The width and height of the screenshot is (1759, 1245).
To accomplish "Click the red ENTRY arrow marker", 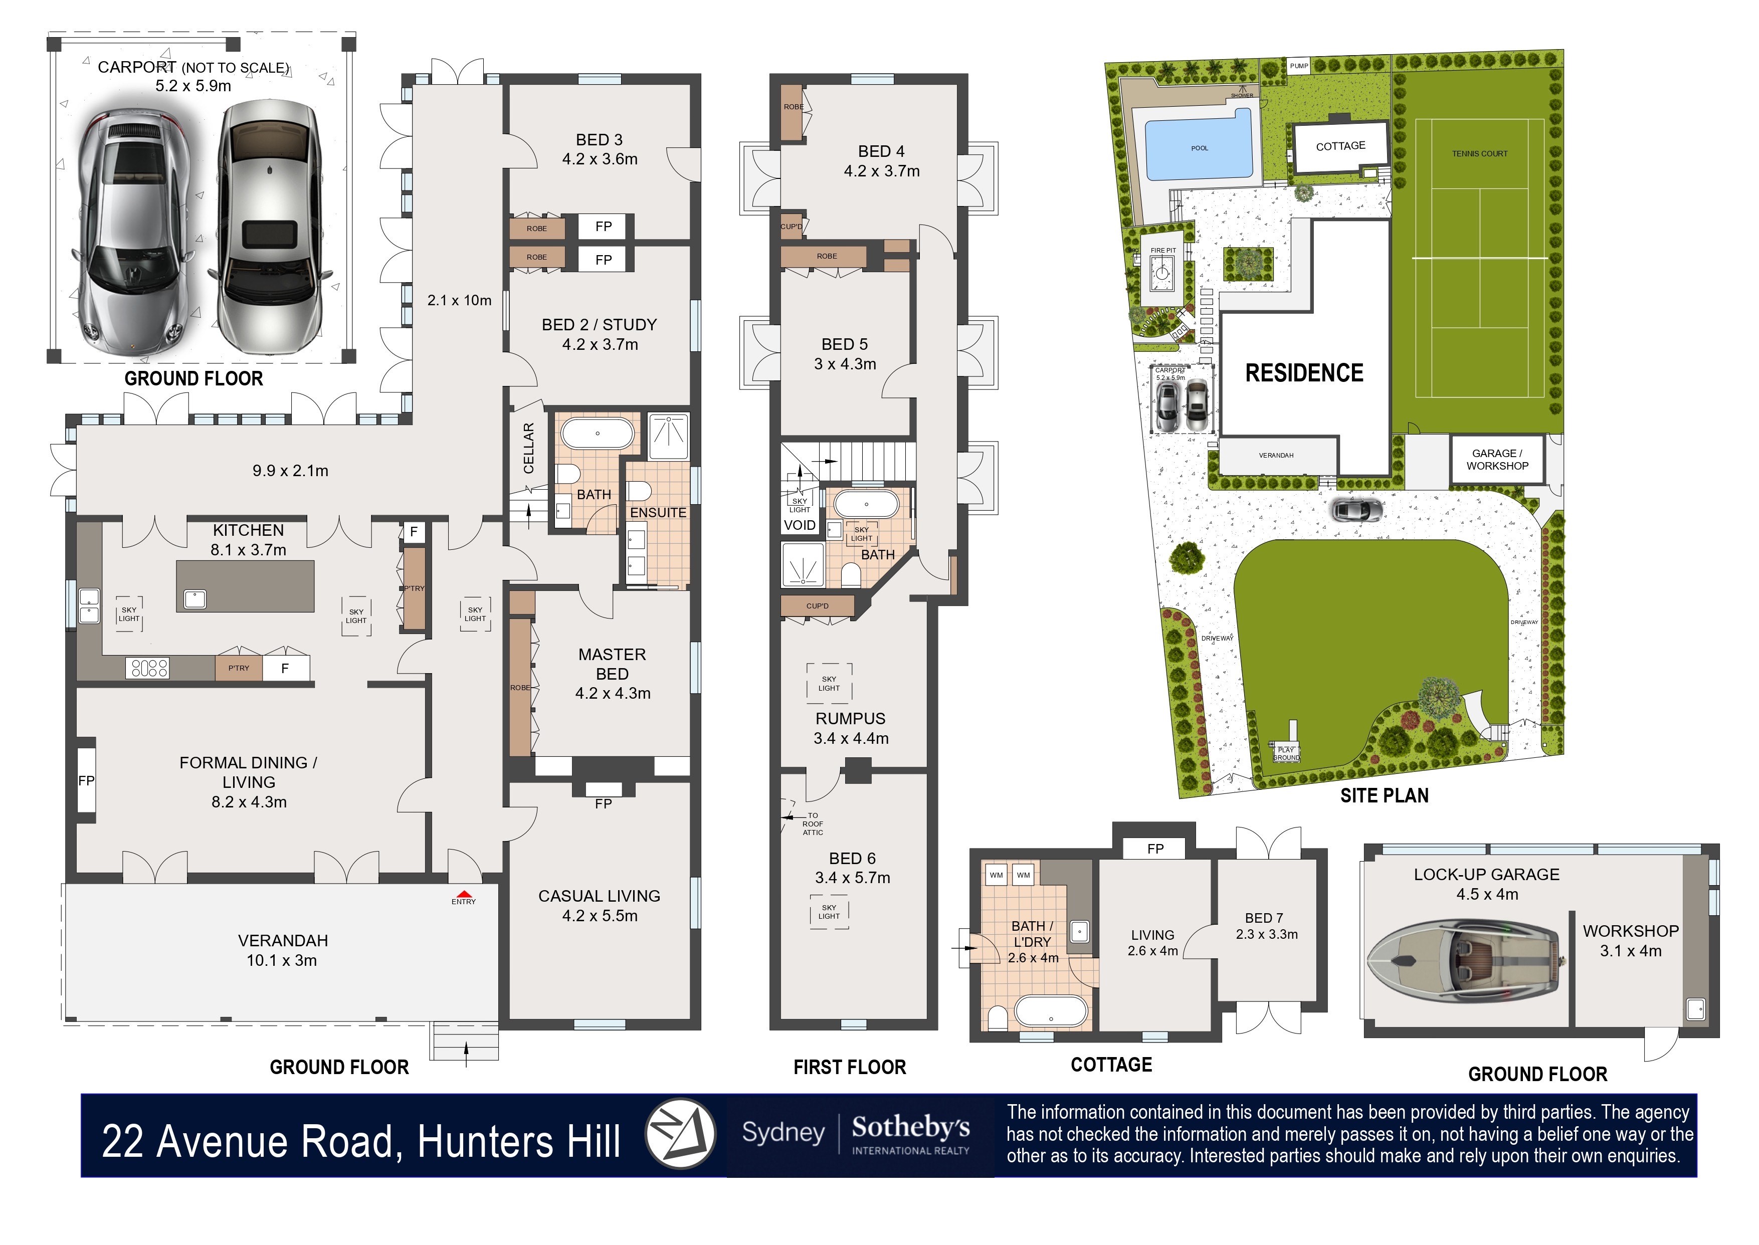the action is (x=463, y=893).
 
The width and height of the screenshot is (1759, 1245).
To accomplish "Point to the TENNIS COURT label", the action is (x=1479, y=154).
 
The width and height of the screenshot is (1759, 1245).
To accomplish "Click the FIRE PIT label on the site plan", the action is (x=1162, y=251).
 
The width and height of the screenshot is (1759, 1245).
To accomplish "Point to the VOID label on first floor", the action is (x=800, y=525).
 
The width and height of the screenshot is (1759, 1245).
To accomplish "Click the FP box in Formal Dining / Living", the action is (x=86, y=780).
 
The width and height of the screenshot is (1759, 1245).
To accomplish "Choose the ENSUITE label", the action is (x=658, y=512).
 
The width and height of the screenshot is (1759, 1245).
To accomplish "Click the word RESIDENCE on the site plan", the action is (x=1304, y=373).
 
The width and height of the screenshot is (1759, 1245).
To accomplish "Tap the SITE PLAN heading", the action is (x=1384, y=796).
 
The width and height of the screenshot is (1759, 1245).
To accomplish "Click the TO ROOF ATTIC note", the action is (x=813, y=824).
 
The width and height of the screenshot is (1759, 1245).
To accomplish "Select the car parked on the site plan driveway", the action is (x=1357, y=509).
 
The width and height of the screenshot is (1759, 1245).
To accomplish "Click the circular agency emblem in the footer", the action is (x=680, y=1134).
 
